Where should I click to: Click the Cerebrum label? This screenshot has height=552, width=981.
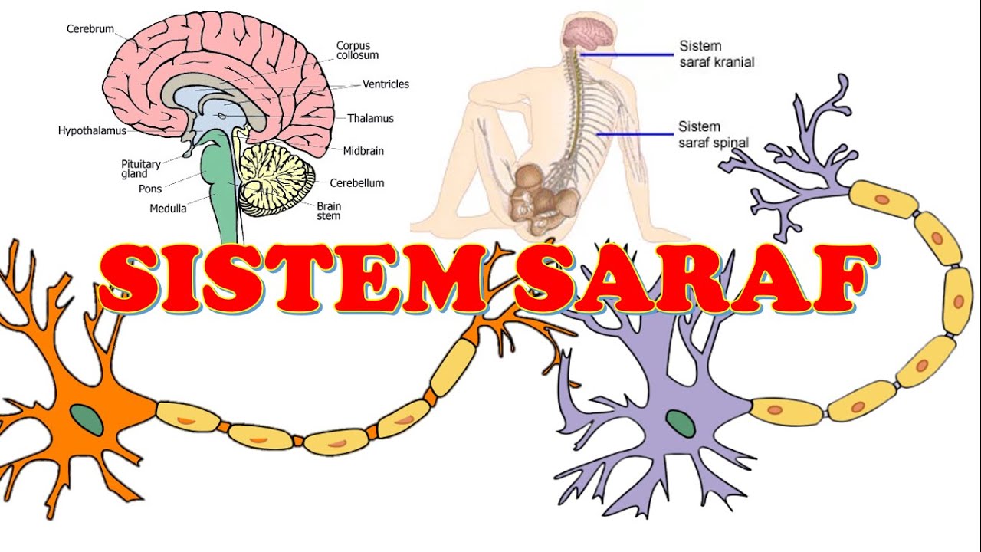(90, 29)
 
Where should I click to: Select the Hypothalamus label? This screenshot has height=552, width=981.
(92, 131)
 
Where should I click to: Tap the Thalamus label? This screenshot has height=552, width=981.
(370, 118)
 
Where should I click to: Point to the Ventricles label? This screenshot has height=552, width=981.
(386, 84)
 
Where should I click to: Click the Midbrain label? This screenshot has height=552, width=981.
(363, 150)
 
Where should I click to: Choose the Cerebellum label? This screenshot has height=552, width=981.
(356, 183)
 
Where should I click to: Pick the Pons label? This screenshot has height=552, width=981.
(149, 189)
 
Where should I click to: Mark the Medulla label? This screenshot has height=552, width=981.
(167, 208)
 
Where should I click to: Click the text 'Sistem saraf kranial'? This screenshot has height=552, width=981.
(716, 54)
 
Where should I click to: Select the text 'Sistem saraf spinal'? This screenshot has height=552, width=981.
(713, 134)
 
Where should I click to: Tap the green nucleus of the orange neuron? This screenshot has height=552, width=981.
(87, 419)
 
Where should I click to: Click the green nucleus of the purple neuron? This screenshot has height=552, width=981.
(679, 422)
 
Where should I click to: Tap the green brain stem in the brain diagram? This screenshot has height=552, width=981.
(220, 184)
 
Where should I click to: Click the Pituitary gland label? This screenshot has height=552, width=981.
(141, 169)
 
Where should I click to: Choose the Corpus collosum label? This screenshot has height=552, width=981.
(357, 51)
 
